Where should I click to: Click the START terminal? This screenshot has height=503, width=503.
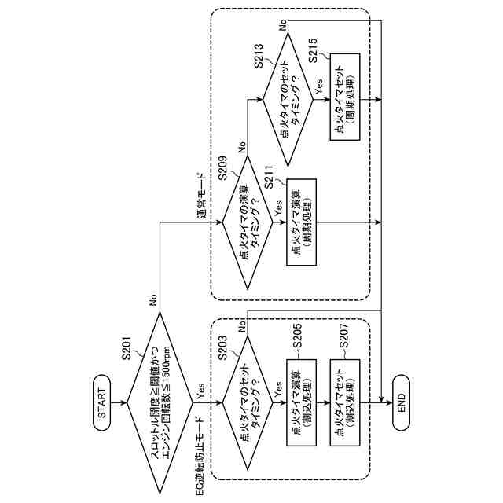tap(101, 403)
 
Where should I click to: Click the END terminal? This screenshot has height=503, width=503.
tap(402, 403)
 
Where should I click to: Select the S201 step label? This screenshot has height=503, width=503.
tap(127, 347)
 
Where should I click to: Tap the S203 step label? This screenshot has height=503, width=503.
tap(222, 347)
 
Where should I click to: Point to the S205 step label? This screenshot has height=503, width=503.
tap(297, 336)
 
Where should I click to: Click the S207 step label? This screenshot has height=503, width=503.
tap(343, 336)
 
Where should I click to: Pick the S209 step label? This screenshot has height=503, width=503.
tap(222, 168)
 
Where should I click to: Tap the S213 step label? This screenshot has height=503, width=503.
tap(259, 56)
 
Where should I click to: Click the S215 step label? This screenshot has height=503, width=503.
tap(313, 50)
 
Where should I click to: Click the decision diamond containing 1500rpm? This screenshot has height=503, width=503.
tap(160, 403)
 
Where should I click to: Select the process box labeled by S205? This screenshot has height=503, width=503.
tap(301, 402)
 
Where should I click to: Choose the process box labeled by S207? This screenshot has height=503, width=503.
tap(345, 402)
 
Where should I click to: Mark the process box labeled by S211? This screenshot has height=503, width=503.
tap(301, 222)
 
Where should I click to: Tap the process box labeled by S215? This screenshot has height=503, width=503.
tap(345, 97)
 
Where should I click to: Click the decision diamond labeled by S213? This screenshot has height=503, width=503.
tap(288, 100)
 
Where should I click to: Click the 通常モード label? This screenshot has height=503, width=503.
tap(201, 196)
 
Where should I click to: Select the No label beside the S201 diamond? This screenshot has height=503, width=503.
tap(153, 300)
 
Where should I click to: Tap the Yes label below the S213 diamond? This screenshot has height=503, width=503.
tap(318, 86)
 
